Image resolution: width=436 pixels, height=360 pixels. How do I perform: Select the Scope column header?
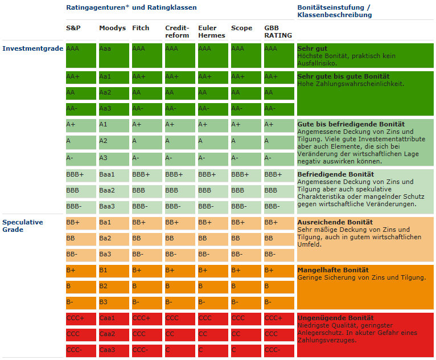[241, 27]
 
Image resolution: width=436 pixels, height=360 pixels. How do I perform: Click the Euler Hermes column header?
[211, 31]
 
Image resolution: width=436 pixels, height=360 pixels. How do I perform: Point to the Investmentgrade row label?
[32, 48]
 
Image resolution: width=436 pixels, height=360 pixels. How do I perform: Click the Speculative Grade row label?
[23, 226]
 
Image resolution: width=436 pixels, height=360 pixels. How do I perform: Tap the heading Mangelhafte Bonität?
[333, 270]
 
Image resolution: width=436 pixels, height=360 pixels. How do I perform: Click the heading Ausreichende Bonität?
[335, 222]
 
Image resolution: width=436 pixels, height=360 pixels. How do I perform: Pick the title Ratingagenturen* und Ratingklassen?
[131, 7]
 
